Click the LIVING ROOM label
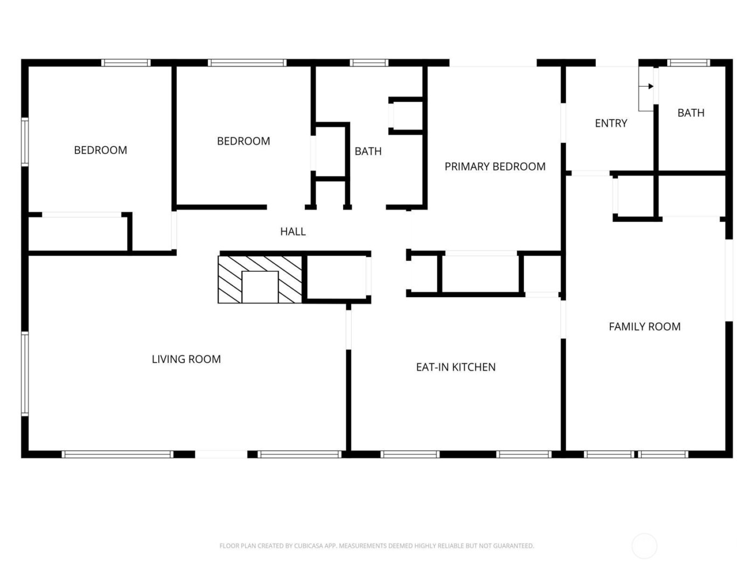pyautogui.click(x=186, y=359)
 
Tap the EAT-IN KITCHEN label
pyautogui.click(x=456, y=367)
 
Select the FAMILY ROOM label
pyautogui.click(x=644, y=327)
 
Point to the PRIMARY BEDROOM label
pyautogui.click(x=494, y=167)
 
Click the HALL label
pyautogui.click(x=292, y=231)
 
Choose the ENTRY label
pyautogui.click(x=611, y=123)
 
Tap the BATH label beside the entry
pyautogui.click(x=690, y=113)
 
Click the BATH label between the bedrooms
pyautogui.click(x=368, y=151)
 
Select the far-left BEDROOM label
pyautogui.click(x=100, y=150)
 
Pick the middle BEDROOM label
pyautogui.click(x=243, y=141)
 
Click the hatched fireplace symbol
pyautogui.click(x=260, y=279)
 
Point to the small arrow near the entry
pyautogui.click(x=650, y=86)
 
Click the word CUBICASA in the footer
pyautogui.click(x=309, y=546)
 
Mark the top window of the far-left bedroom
pyautogui.click(x=126, y=63)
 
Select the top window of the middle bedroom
pyautogui.click(x=247, y=63)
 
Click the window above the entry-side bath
pyautogui.click(x=688, y=63)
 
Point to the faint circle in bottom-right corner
pyautogui.click(x=644, y=546)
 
